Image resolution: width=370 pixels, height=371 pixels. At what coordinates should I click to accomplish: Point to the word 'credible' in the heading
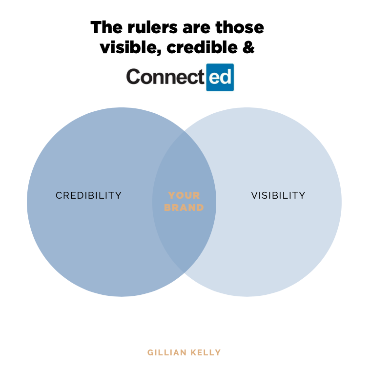coord(201,47)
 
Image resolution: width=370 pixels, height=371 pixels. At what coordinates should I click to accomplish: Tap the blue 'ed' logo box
coord(220,77)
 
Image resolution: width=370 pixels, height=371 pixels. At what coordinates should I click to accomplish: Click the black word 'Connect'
coord(165,77)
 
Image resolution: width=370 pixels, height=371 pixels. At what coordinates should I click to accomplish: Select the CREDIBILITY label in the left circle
coord(89,195)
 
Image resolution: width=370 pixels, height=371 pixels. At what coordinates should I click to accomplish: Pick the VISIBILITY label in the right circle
coord(278,195)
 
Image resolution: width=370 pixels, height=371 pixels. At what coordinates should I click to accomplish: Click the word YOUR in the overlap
coord(184,195)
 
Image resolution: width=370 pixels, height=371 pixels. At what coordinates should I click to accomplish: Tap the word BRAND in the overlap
coord(184,207)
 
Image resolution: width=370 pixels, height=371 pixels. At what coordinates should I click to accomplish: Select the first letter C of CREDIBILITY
coord(59,195)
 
